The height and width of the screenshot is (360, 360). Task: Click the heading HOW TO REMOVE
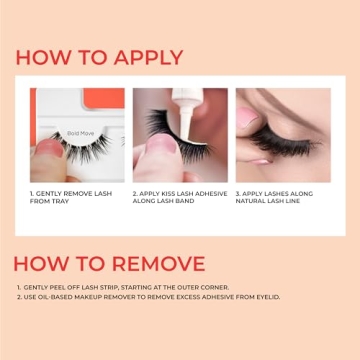click(109, 263)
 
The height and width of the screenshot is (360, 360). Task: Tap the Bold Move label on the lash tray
click(81, 132)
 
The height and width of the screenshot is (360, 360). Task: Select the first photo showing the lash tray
click(77, 134)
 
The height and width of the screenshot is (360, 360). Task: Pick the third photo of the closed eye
click(282, 134)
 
